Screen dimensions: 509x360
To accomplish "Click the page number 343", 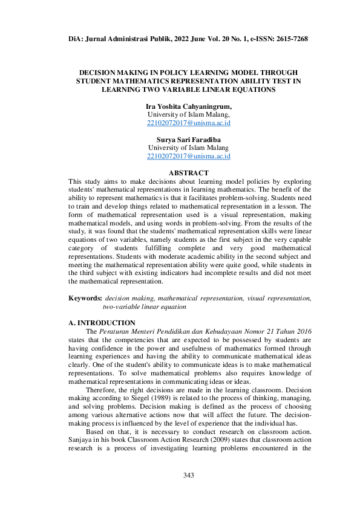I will tap(188, 476).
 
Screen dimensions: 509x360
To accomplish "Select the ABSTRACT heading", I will tap(188, 173).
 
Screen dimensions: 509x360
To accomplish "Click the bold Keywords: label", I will tap(85, 298).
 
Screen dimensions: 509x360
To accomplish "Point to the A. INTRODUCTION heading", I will tap(102, 323).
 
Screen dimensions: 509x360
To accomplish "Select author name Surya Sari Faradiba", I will tap(188, 140).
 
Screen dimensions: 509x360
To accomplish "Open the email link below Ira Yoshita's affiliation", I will tap(188, 123).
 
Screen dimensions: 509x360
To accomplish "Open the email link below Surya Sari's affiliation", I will tap(188, 156).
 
